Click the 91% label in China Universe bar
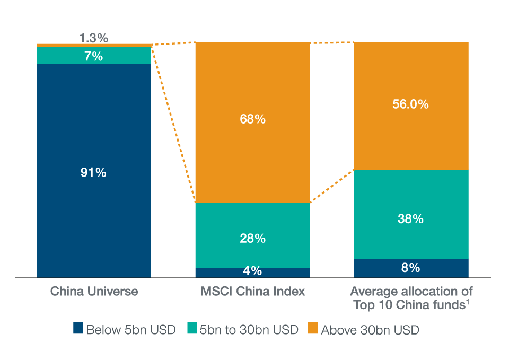click(x=93, y=172)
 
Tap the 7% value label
click(x=93, y=56)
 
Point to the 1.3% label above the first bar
click(x=94, y=38)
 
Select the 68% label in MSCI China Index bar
click(x=252, y=119)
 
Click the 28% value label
click(x=252, y=239)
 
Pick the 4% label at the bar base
click(x=252, y=271)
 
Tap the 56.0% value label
click(x=410, y=104)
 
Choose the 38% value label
click(x=410, y=218)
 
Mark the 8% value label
click(x=410, y=268)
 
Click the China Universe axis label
click(x=94, y=292)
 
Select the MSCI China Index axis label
click(x=252, y=292)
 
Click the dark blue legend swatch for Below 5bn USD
click(x=78, y=329)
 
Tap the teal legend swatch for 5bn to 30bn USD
click(x=191, y=329)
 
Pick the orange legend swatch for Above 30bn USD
click(x=313, y=329)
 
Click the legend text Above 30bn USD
click(x=370, y=330)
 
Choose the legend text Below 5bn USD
click(x=130, y=330)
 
